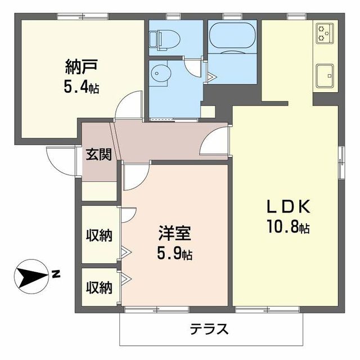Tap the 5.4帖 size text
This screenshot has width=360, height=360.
click(x=83, y=88)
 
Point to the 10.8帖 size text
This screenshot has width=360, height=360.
click(x=288, y=228)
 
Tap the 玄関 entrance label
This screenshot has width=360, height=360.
click(x=98, y=155)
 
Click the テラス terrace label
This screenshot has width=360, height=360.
click(x=209, y=328)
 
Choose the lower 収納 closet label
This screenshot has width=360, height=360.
click(x=98, y=287)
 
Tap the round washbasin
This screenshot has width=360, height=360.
click(x=160, y=73)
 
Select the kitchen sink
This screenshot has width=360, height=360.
click(x=325, y=75)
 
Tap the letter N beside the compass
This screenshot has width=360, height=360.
click(x=56, y=274)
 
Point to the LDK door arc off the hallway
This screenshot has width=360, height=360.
click(x=214, y=140)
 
